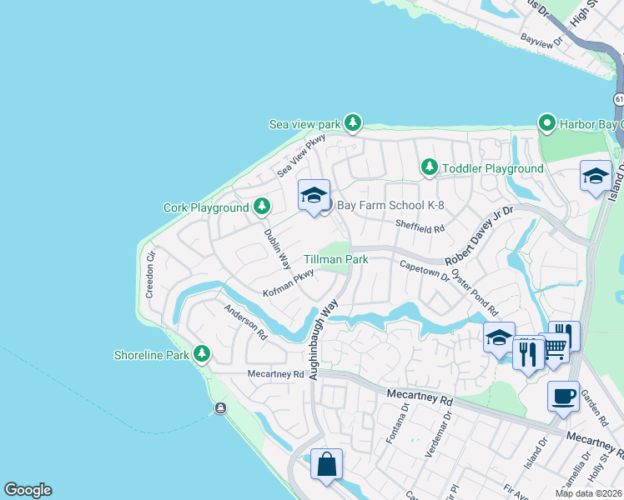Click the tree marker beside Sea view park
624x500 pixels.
pos(353,123)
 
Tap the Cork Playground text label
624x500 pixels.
pos(206,207)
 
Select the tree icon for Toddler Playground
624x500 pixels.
pos(429,168)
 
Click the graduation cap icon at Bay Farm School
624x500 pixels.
pos(314,196)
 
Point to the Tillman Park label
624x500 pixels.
pos(335,259)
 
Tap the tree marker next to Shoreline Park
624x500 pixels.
pos(201,354)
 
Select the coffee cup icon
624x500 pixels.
pos(563,395)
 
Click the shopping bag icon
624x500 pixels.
pos(326,463)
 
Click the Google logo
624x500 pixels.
pos(28,490)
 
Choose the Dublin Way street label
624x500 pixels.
pos(277,250)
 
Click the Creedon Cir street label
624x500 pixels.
pos(150,276)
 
